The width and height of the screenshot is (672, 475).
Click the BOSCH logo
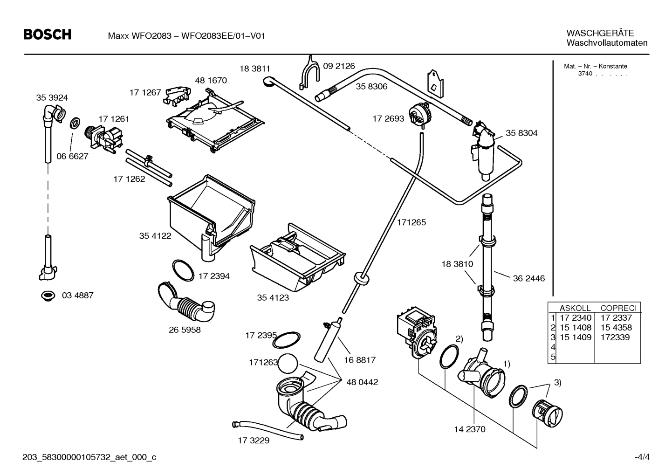(47, 34)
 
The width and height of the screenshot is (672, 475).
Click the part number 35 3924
(52, 97)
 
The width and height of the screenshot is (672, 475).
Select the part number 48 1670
(211, 80)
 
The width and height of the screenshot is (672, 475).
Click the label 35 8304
(521, 133)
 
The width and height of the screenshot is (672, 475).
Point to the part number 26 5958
(185, 330)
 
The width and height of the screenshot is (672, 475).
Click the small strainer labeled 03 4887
(47, 296)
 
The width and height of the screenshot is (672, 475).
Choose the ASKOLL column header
(575, 308)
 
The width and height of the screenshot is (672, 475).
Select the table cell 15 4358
(616, 327)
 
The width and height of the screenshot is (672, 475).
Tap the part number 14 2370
(469, 429)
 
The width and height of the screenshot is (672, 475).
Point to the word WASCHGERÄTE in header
(600, 33)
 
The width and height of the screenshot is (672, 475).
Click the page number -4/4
(642, 457)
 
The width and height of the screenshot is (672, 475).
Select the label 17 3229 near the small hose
(254, 440)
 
